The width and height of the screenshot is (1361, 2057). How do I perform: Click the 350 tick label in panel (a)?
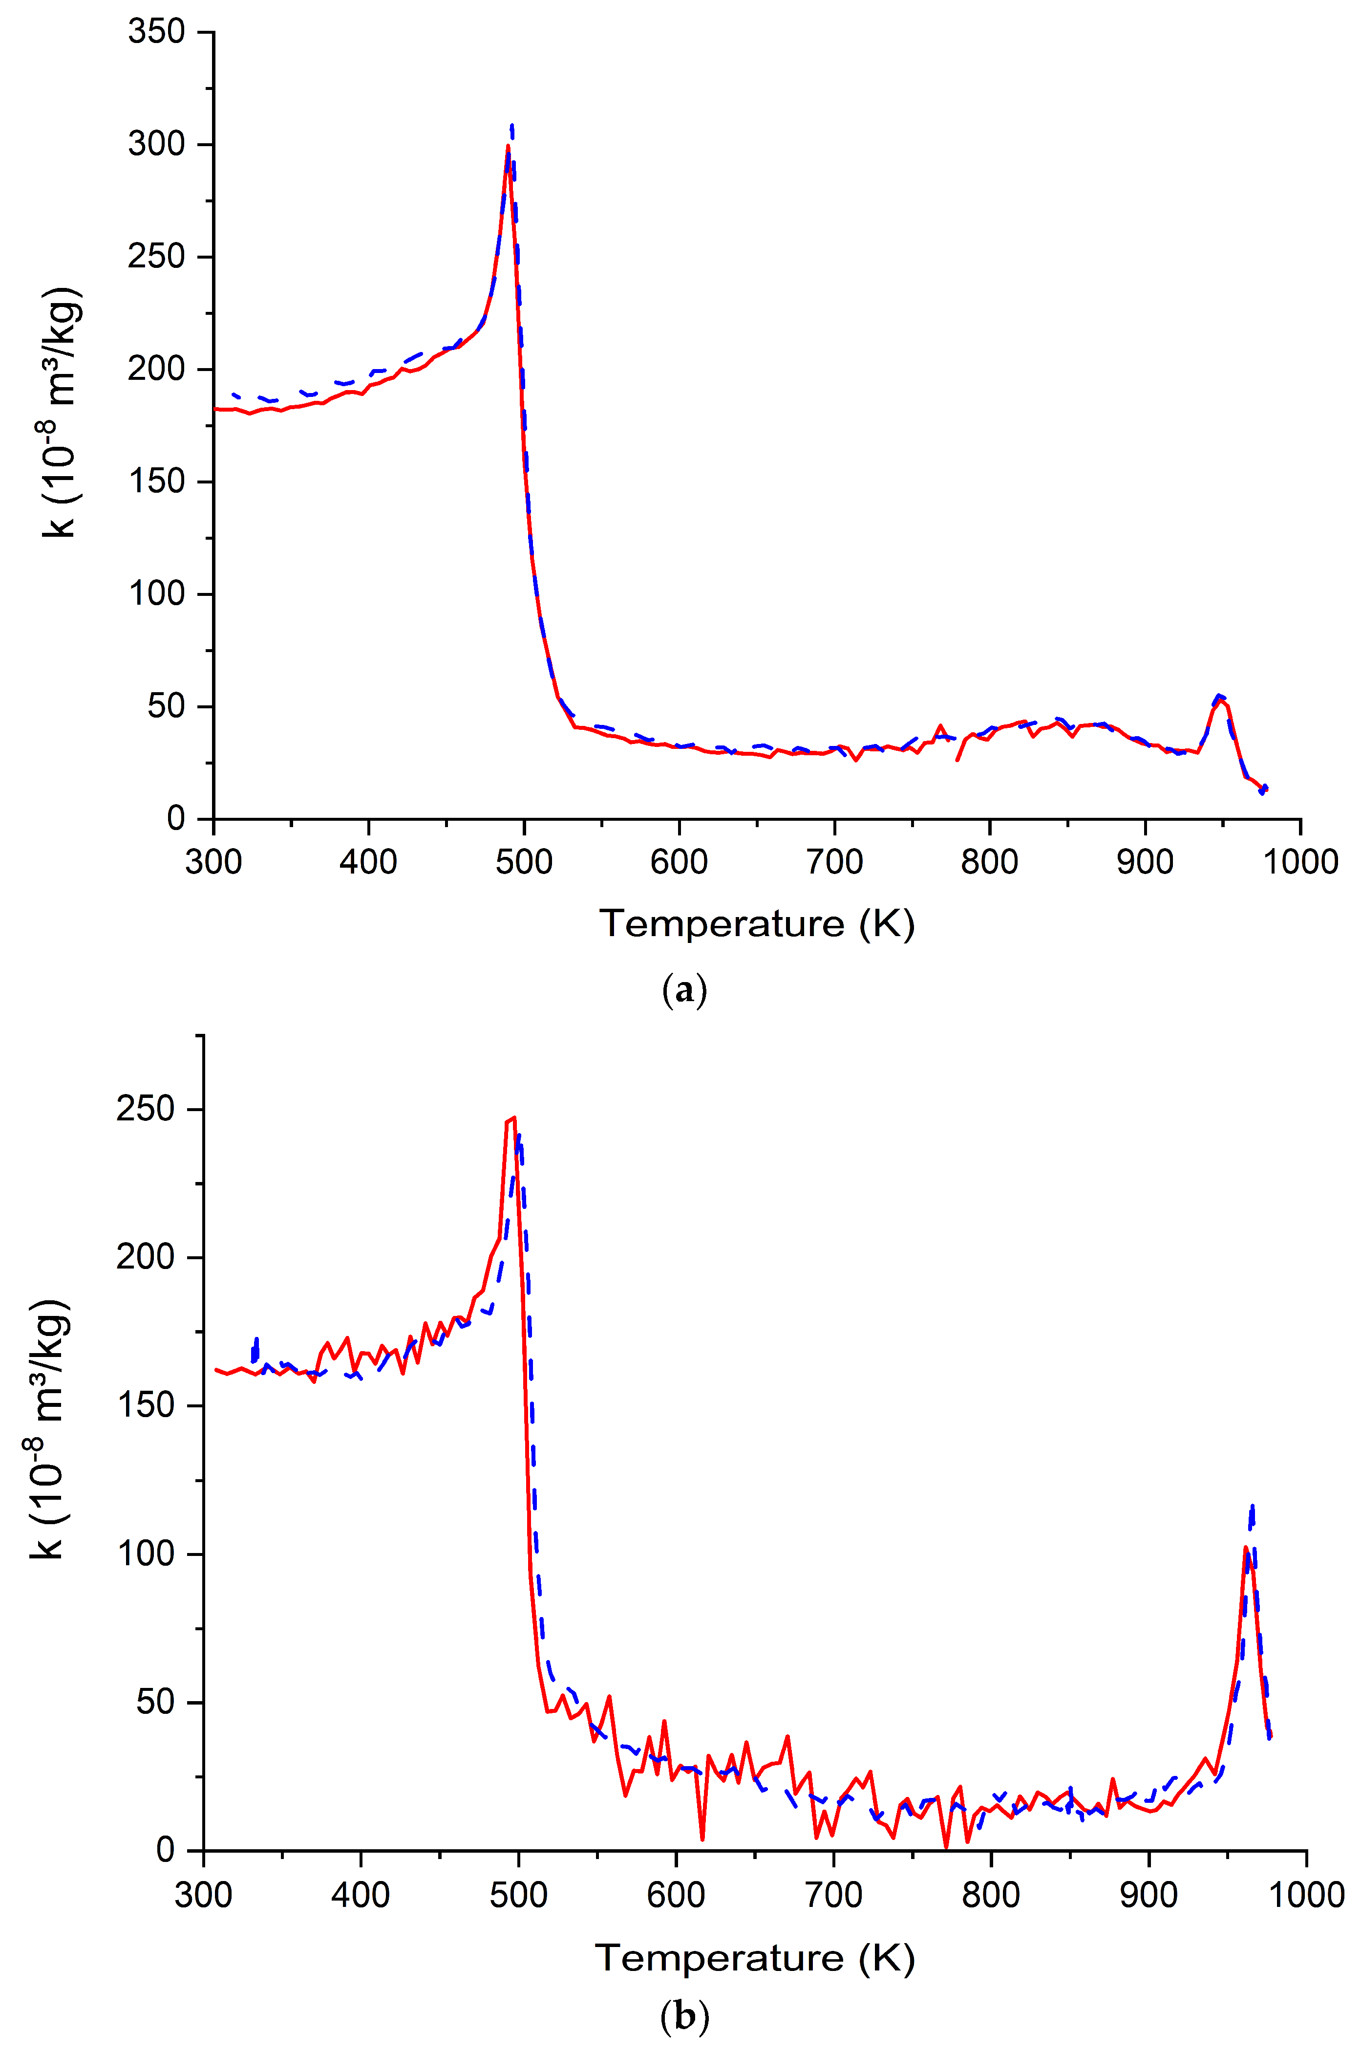tap(157, 32)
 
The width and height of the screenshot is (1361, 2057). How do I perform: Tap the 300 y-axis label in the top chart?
tap(157, 144)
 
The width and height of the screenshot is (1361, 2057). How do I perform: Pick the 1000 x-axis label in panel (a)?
tap(1299, 862)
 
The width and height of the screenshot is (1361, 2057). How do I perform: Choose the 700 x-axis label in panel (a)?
tap(834, 862)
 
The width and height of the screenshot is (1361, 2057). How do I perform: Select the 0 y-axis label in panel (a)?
tap(176, 819)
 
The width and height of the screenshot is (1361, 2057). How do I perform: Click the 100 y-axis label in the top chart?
tap(157, 594)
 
